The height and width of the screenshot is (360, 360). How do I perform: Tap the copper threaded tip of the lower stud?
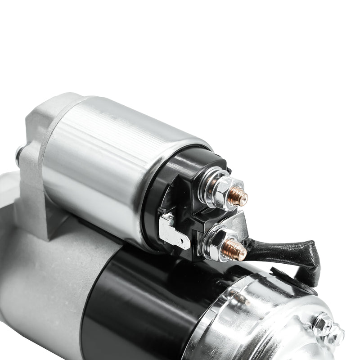237,249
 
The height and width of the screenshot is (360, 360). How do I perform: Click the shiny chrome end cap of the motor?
261,315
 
